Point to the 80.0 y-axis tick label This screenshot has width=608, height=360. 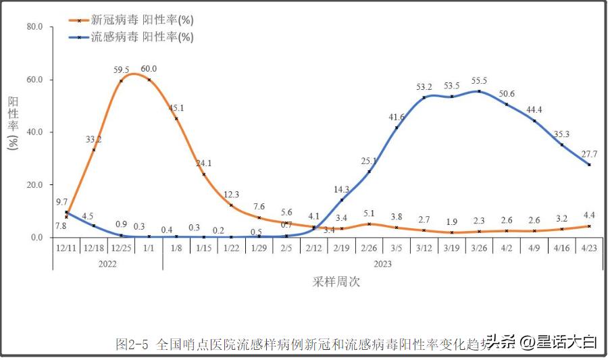(34, 27)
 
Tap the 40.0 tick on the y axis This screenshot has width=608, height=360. (34, 132)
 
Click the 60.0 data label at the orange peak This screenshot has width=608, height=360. (149, 69)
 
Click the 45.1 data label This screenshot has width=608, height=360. (176, 107)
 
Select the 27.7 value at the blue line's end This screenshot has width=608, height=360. (590, 154)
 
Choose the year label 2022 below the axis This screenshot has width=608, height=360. (107, 264)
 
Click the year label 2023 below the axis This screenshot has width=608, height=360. (382, 264)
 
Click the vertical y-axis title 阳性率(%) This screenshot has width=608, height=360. (13, 122)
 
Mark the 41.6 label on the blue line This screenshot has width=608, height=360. (396, 117)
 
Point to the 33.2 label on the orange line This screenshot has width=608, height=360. (93, 140)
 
